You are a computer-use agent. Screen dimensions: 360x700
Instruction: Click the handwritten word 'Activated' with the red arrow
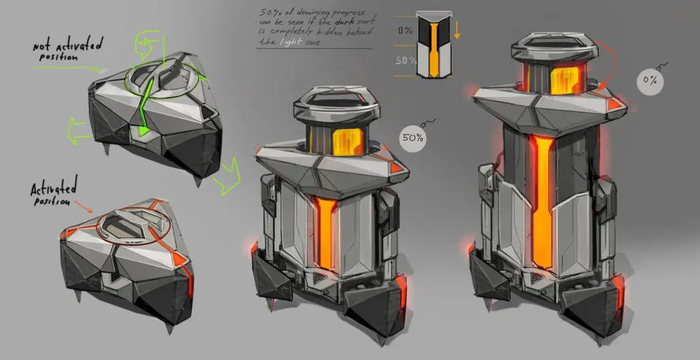[54, 186]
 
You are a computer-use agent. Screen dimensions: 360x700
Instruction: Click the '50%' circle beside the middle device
[412, 139]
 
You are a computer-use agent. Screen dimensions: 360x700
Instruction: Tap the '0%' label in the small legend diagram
[405, 30]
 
